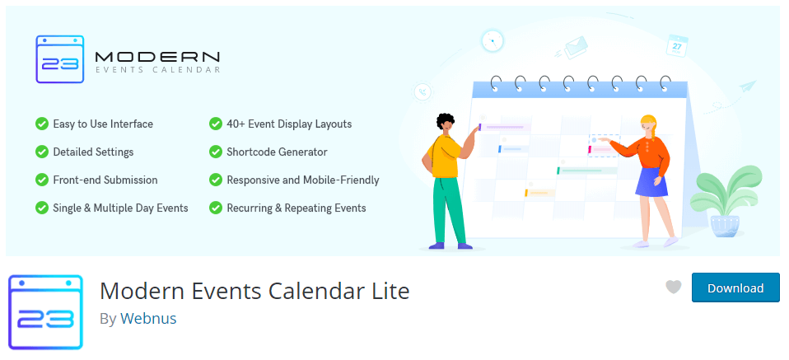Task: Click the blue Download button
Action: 735,288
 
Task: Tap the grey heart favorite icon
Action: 673,287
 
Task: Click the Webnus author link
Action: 148,318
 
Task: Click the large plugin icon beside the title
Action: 46,312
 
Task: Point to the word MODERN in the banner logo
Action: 157,56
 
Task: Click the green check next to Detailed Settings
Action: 42,152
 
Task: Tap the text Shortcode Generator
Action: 278,152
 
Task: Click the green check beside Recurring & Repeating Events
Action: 215,208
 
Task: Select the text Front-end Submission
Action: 105,180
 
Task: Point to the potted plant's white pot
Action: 725,226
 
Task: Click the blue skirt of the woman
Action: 651,180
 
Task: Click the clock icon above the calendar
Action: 493,41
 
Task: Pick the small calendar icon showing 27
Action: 677,46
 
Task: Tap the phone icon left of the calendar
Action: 423,92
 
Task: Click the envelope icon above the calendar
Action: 575,46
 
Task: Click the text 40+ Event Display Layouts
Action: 289,124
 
